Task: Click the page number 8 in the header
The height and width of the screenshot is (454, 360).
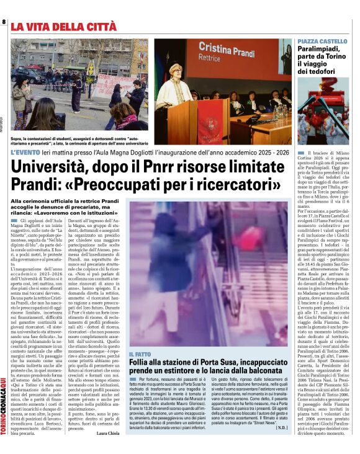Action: pos(4,22)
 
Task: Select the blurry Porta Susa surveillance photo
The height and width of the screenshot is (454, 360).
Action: pos(208,273)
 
